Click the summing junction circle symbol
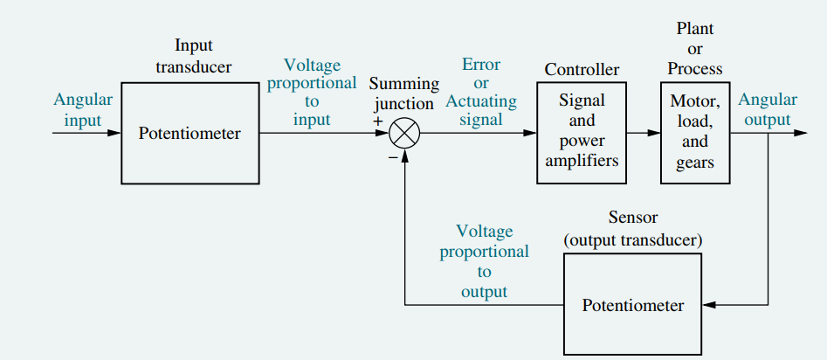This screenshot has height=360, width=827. pyautogui.click(x=404, y=134)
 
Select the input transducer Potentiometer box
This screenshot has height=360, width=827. pyautogui.click(x=190, y=134)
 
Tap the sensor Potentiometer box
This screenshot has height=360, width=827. pyautogui.click(x=633, y=305)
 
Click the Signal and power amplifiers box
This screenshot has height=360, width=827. pyautogui.click(x=582, y=133)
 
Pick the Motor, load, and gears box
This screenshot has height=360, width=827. pyautogui.click(x=694, y=133)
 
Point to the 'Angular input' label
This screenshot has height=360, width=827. pyautogui.click(x=82, y=109)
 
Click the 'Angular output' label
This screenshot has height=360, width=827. pyautogui.click(x=767, y=109)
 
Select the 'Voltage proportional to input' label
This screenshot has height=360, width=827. pyautogui.click(x=312, y=93)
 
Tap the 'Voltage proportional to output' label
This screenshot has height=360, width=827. pyautogui.click(x=484, y=261)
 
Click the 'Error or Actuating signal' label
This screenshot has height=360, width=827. pyautogui.click(x=481, y=92)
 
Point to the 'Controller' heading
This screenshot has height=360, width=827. pyautogui.click(x=582, y=69)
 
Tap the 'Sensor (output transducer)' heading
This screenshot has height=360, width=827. pyautogui.click(x=633, y=228)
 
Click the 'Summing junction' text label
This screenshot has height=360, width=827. pyautogui.click(x=403, y=93)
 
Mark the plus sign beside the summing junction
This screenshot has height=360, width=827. pyautogui.click(x=378, y=121)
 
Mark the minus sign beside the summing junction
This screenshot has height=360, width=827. pyautogui.click(x=392, y=156)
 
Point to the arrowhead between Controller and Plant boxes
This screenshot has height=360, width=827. pyautogui.click(x=654, y=134)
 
